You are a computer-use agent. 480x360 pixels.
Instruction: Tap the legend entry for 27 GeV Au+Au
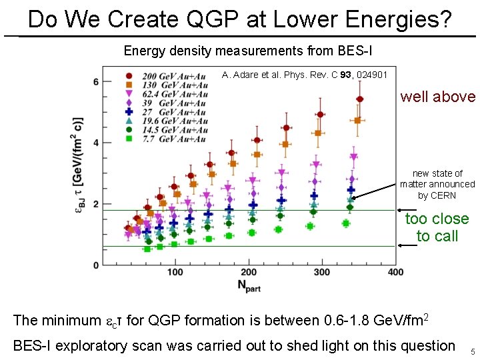(168, 112)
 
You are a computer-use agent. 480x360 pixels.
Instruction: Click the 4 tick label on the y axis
(96, 143)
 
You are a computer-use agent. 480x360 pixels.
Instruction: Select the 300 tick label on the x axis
(322, 272)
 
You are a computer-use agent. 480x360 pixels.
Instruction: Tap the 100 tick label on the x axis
(175, 272)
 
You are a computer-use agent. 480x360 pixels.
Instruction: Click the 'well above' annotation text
(437, 97)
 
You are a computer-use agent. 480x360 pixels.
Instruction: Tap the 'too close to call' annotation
(437, 227)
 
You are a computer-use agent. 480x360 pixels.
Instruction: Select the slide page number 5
(472, 352)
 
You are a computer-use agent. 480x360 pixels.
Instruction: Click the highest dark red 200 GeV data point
(359, 99)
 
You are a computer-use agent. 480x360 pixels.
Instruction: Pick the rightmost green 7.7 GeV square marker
(345, 223)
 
